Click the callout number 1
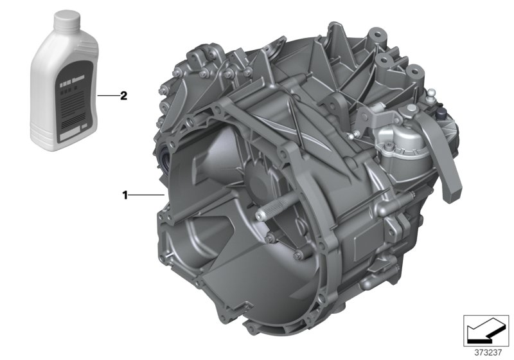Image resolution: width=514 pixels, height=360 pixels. tap(127, 194)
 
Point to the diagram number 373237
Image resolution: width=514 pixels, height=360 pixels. tap(485, 352)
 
